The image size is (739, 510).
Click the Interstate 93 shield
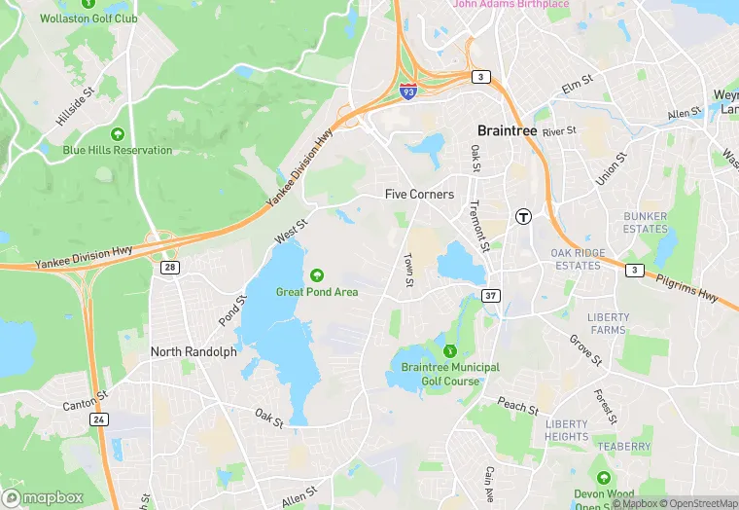coord(410,91)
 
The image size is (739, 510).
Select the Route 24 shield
coord(99,419)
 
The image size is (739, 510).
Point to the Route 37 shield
coord(492,295)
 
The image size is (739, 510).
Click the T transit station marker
coord(524,216)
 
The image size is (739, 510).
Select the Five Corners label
coord(419,195)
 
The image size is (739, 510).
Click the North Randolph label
coord(194,351)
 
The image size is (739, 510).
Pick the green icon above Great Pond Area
coord(317,274)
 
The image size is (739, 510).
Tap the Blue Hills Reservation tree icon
coord(118,133)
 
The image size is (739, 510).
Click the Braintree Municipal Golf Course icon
coord(449,350)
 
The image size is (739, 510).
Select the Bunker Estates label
coord(646,223)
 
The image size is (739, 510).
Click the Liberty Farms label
coord(608,324)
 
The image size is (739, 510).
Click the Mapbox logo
coord(43,497)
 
